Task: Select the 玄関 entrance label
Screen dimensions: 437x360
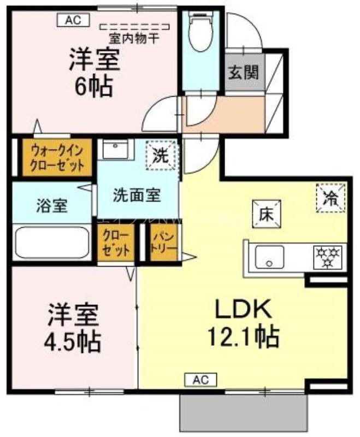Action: (244, 72)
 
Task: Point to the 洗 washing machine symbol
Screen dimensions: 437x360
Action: (160, 155)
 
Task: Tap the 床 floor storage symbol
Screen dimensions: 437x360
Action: (266, 213)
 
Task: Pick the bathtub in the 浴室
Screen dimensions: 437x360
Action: (52, 241)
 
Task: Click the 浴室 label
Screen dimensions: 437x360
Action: (52, 206)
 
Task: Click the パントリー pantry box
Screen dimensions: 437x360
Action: (164, 244)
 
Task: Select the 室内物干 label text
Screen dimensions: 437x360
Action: (134, 38)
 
